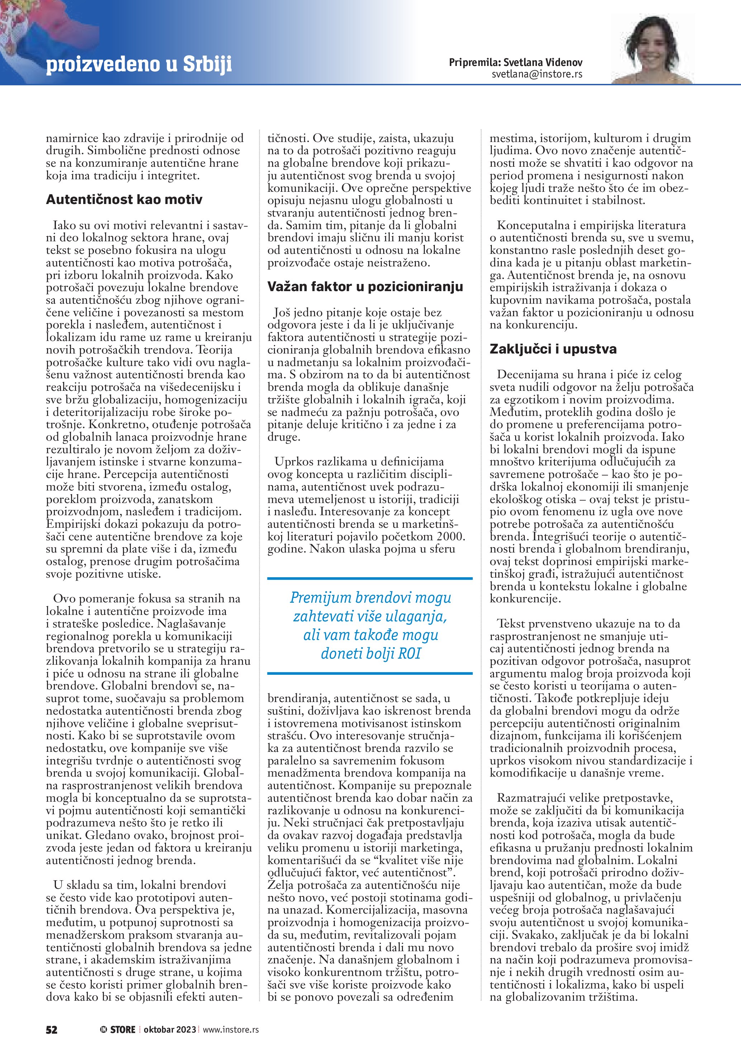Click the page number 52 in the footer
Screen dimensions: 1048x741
tap(52, 1029)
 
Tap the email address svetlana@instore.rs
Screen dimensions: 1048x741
tap(537, 74)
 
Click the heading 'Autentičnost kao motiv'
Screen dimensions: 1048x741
tap(124, 199)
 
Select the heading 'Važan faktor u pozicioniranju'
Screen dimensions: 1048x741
tap(365, 286)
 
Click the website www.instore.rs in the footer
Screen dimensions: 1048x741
tap(231, 1029)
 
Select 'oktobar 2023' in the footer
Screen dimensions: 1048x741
tap(170, 1029)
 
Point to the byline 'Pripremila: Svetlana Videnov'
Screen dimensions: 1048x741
tap(516, 62)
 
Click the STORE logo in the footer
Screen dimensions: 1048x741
tap(118, 1029)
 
